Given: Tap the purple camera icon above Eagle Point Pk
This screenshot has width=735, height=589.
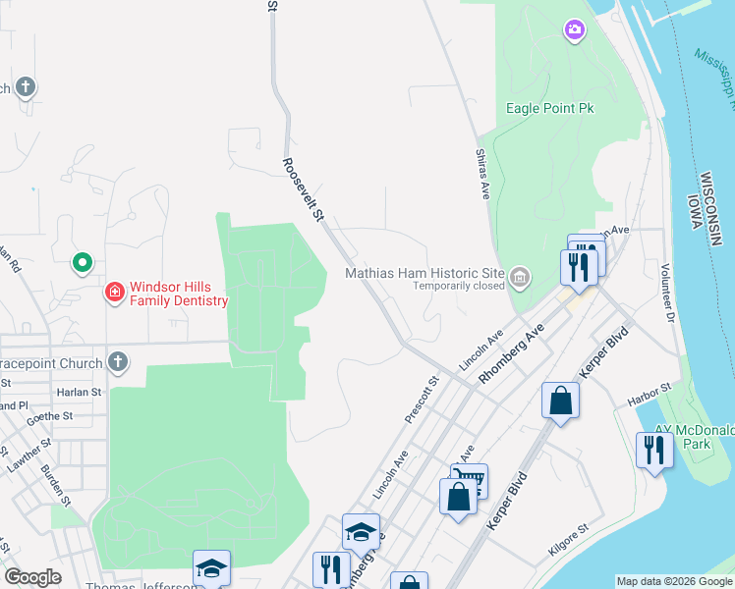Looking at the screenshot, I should tap(574, 31).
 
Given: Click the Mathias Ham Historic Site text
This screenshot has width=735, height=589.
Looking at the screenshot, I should tap(424, 273).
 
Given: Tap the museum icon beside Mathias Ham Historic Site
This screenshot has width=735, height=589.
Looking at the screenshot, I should tap(520, 279).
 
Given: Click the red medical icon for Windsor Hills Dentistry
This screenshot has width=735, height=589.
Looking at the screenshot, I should tap(115, 293).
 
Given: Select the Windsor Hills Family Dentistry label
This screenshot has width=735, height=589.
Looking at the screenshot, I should tap(179, 293).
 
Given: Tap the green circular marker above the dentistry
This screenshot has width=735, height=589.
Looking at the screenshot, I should tap(84, 263).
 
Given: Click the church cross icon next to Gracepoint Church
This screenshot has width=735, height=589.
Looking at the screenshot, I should tap(117, 362).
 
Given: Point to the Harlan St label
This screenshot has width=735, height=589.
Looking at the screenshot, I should tap(80, 393).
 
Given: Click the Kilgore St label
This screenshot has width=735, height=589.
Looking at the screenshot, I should tap(568, 543).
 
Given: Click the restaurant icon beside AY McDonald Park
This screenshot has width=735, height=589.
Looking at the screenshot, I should tap(654, 450).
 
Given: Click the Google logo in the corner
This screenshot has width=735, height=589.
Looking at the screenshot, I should tap(33, 577).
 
